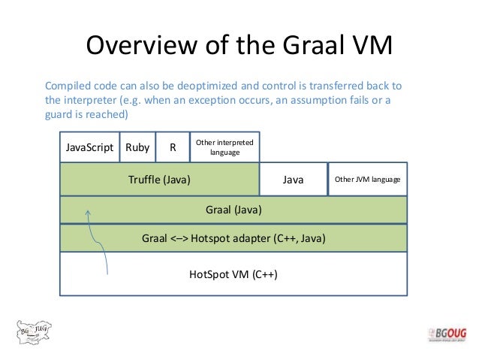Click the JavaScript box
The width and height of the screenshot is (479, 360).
click(x=89, y=148)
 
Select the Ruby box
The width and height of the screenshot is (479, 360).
click(x=137, y=148)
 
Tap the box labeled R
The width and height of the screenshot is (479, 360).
click(x=173, y=148)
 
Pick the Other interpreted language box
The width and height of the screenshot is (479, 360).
click(x=224, y=147)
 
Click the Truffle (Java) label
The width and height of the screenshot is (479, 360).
click(x=160, y=180)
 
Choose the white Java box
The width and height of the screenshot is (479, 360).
click(x=293, y=180)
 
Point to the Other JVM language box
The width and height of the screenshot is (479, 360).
click(x=367, y=180)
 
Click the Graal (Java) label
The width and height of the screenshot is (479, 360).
click(x=233, y=209)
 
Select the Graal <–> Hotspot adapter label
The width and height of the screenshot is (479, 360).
click(x=233, y=238)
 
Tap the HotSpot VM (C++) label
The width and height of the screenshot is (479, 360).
click(x=233, y=274)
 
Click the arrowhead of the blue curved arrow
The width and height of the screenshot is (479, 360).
click(x=89, y=215)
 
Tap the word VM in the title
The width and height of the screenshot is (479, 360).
click(x=372, y=46)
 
